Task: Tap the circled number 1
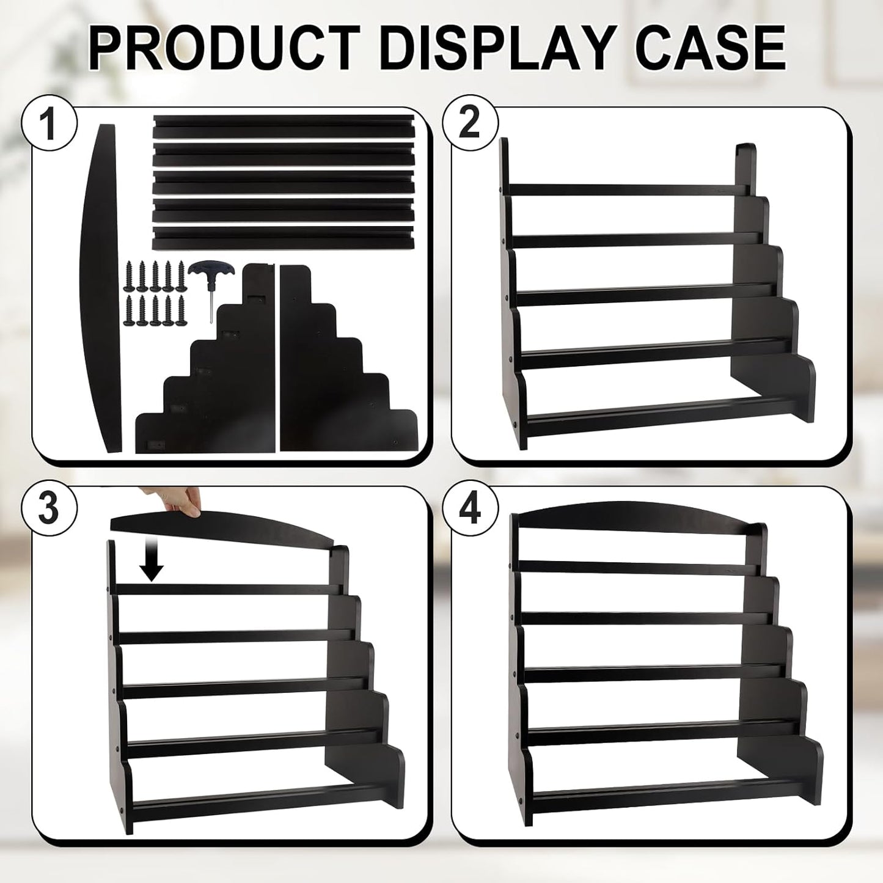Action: pyautogui.click(x=49, y=124)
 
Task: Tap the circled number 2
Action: pyautogui.click(x=470, y=124)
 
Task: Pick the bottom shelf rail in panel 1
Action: pyautogui.click(x=283, y=238)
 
